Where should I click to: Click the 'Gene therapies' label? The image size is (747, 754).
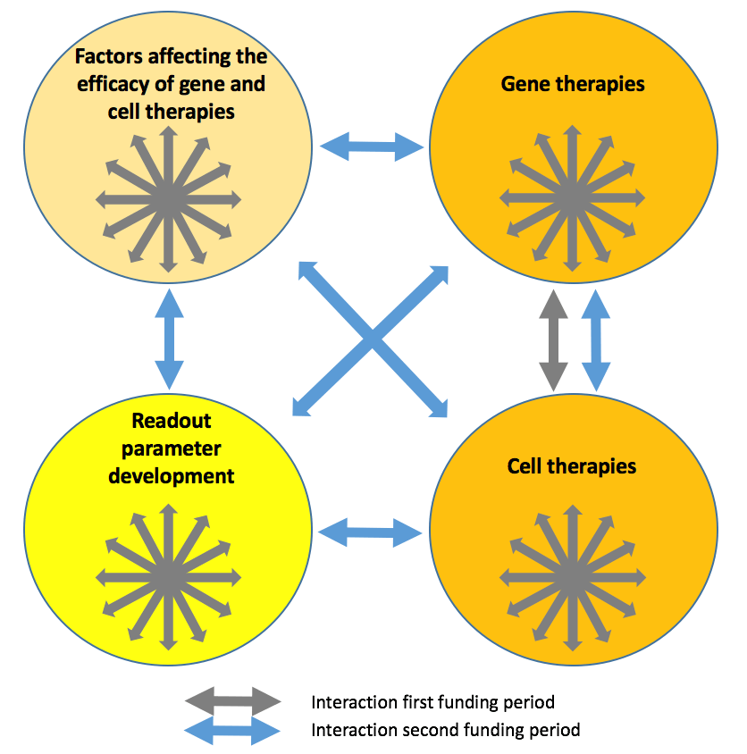tap(573, 85)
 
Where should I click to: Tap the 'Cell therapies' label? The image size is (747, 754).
tap(572, 466)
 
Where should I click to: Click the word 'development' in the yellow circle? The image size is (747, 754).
tap(172, 475)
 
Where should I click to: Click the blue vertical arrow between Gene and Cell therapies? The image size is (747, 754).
tap(596, 339)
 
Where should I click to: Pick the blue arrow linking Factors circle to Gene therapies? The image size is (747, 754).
tap(372, 147)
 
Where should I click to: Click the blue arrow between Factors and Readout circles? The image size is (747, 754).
tap(169, 339)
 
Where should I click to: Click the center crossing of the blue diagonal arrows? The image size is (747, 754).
tap(372, 340)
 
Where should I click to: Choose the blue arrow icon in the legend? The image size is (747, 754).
tap(233, 730)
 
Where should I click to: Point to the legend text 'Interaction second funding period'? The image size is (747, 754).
tap(446, 730)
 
